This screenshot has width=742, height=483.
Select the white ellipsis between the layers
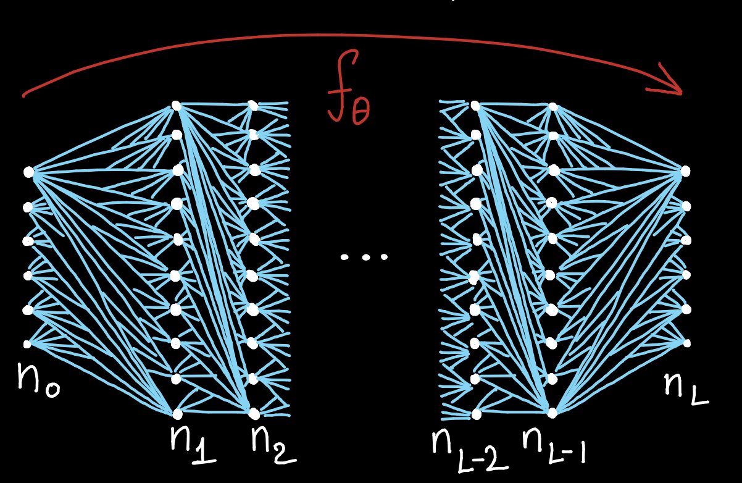pyautogui.click(x=365, y=256)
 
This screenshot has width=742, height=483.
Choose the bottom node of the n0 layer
pyautogui.click(x=27, y=343)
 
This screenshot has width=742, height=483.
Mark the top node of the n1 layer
pyautogui.click(x=177, y=106)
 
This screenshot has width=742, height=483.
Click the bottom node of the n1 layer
pyautogui.click(x=178, y=412)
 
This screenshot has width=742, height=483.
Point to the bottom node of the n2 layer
pyautogui.click(x=252, y=411)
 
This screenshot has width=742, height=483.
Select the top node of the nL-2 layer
pyautogui.click(x=475, y=106)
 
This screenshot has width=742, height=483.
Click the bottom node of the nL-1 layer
pyautogui.click(x=552, y=412)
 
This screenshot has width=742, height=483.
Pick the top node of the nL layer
pyautogui.click(x=685, y=170)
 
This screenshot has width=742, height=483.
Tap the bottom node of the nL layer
pyautogui.click(x=686, y=343)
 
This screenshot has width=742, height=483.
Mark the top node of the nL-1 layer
pyautogui.click(x=554, y=107)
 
